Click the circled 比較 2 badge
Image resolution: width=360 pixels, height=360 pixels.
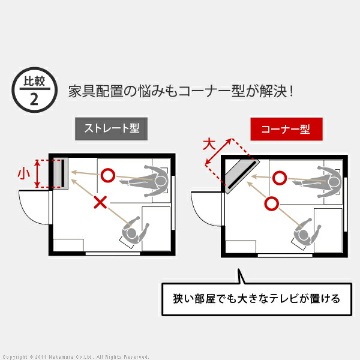click(x=34, y=90)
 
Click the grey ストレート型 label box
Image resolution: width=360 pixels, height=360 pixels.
click(x=111, y=128)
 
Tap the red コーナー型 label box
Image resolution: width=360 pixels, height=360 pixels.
click(x=286, y=129)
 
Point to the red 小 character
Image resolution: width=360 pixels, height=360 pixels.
click(x=23, y=173)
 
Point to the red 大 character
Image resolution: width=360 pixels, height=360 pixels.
click(x=209, y=144)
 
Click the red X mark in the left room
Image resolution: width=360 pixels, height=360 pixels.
click(x=100, y=202)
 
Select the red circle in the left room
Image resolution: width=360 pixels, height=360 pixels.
click(x=107, y=175)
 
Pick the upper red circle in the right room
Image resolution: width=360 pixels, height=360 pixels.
click(x=280, y=178)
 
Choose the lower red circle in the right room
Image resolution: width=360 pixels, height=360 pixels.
click(x=271, y=203)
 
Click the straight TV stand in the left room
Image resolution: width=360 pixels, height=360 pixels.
click(x=61, y=173)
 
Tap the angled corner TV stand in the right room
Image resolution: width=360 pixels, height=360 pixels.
click(x=242, y=176)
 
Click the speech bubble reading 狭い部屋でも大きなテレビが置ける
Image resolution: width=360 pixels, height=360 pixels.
click(x=257, y=299)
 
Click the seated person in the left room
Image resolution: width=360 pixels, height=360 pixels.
click(x=134, y=232)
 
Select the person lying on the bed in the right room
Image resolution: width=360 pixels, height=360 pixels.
click(x=318, y=182)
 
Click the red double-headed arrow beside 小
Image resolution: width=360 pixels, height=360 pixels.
click(x=37, y=173)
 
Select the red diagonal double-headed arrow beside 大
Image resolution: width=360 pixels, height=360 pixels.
click(x=218, y=152)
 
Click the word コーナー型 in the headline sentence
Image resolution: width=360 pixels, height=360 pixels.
click(x=211, y=91)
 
